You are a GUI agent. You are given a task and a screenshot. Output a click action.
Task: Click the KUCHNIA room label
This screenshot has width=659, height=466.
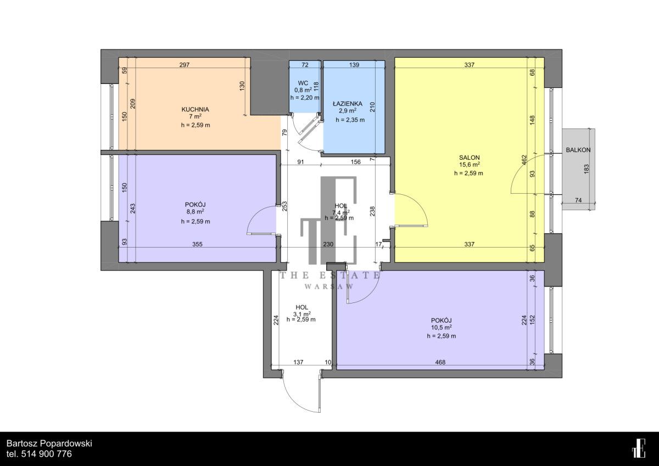pos(195,109)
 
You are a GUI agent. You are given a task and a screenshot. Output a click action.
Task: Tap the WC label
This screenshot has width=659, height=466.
pos(303,83)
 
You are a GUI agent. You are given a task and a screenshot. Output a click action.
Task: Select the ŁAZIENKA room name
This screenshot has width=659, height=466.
pos(348,104)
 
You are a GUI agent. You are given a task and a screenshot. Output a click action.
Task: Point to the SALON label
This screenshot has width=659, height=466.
pos(470,158)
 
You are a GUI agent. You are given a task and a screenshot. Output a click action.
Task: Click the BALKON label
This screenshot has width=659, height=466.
pos(578,150)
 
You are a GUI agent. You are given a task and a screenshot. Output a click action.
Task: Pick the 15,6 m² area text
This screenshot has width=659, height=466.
pos(470,165)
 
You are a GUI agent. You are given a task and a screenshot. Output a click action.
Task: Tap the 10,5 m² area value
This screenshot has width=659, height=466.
pos(442,328)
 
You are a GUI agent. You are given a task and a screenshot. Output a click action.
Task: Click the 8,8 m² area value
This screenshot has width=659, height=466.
pos(195,212)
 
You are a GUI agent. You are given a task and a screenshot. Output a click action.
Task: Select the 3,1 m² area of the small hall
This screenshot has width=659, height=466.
pos(302,314)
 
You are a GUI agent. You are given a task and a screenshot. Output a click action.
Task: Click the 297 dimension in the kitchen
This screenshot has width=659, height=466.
pos(185,65)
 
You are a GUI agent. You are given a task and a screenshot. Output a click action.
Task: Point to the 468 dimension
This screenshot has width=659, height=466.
pos(440,362)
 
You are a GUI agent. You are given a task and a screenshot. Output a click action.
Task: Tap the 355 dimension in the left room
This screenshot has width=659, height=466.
pos(197,244)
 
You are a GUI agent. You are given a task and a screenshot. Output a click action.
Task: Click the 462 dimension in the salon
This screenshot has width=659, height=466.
pos(524,160)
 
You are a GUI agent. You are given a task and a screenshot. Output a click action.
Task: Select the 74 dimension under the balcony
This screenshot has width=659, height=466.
pos(578,200)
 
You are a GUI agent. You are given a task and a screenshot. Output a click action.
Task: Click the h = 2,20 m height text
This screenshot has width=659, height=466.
pos(305,98)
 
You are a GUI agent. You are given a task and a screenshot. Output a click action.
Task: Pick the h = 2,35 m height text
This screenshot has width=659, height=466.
pos(350,120)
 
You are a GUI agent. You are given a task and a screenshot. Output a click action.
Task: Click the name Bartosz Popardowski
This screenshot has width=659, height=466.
pos(49,443)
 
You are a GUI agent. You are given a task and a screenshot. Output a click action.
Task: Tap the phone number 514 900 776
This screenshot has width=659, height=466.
pos(47,454)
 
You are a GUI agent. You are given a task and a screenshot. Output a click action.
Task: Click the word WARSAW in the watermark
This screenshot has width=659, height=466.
pos(329,287)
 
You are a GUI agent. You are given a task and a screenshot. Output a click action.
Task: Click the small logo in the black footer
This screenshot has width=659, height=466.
pos(639,448)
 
